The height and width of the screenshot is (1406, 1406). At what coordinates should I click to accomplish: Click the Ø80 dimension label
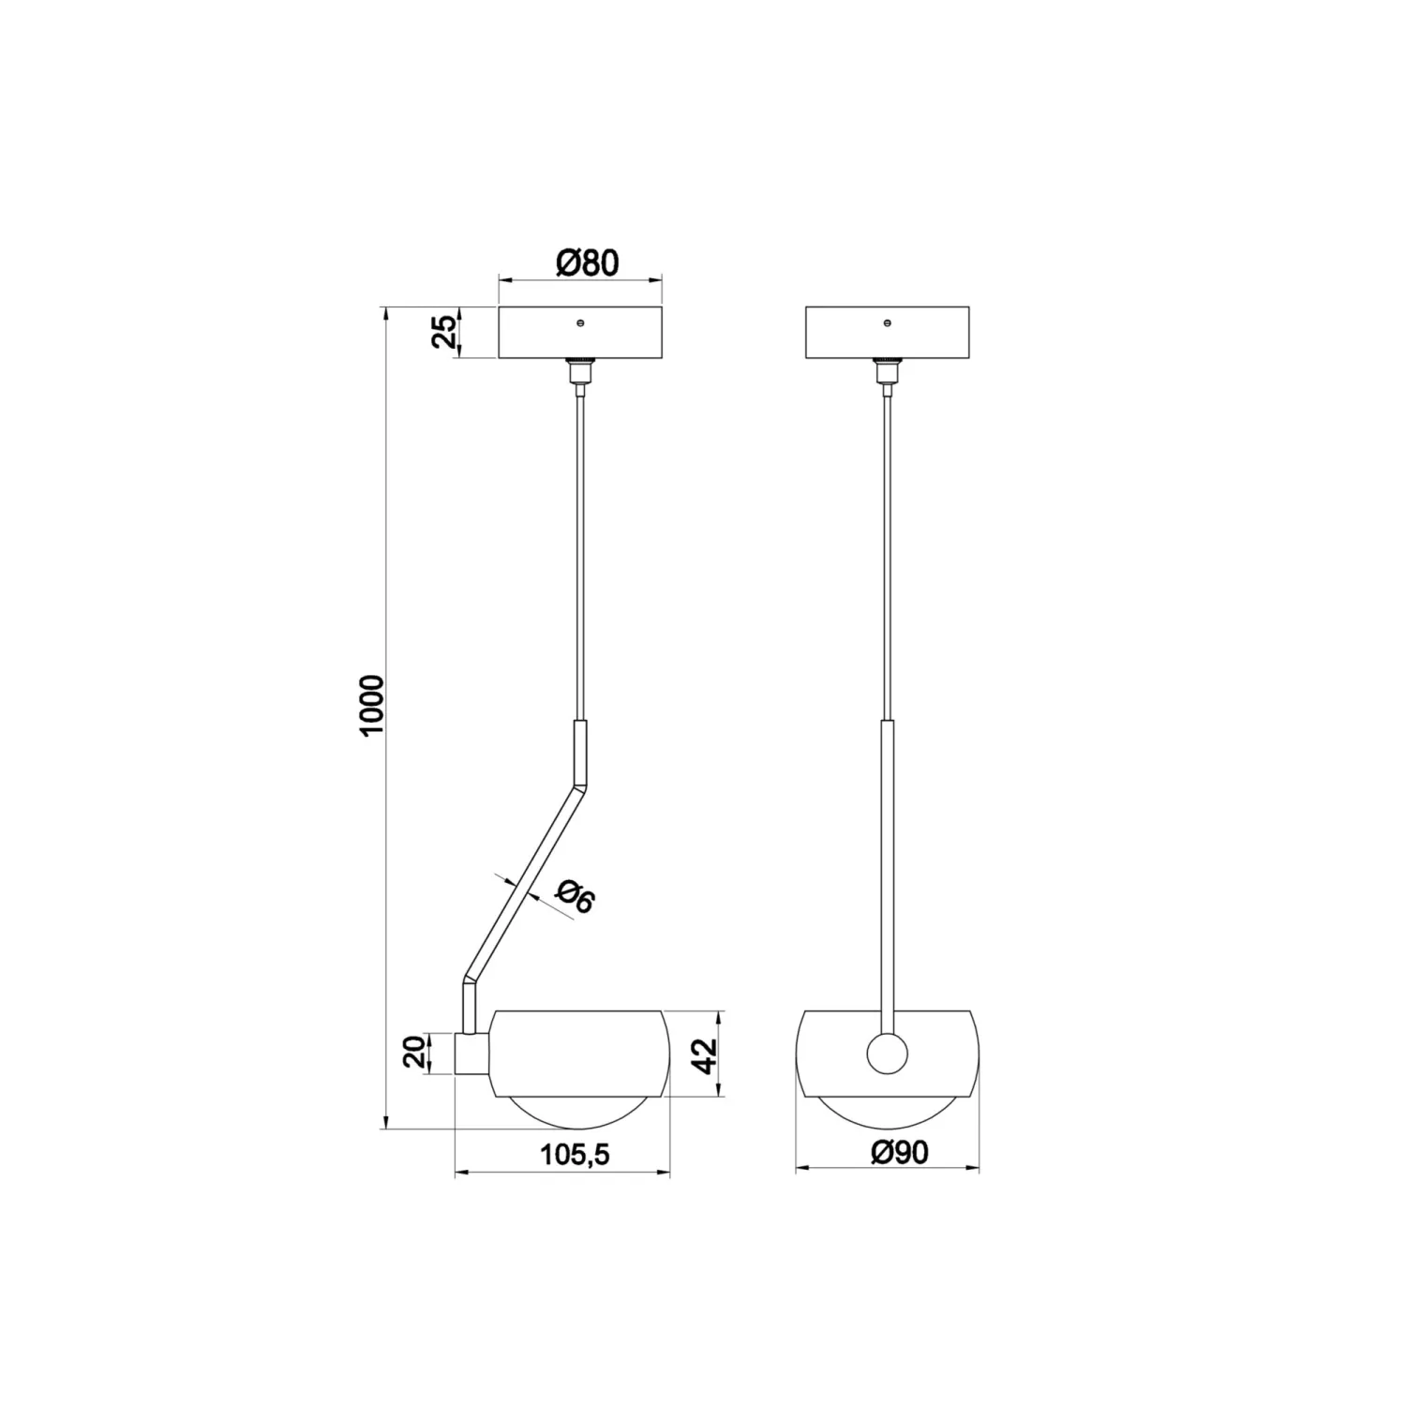(x=588, y=263)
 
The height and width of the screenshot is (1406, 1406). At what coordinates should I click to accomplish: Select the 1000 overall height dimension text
(x=372, y=706)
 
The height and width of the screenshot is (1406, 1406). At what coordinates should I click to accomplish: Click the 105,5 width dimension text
(x=575, y=1155)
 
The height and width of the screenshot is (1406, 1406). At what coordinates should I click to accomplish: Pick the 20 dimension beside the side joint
(x=415, y=1054)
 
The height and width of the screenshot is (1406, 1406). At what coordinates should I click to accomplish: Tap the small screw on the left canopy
(x=580, y=323)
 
